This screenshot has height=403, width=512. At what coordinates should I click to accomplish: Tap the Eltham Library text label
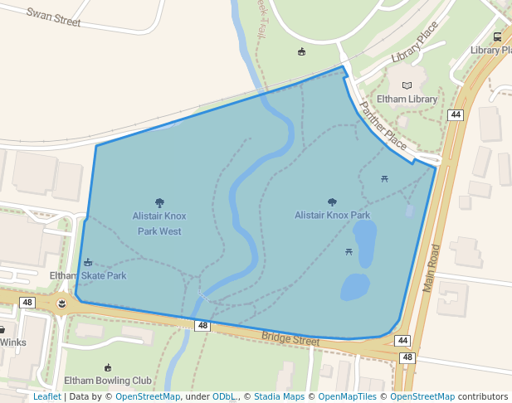click(x=407, y=100)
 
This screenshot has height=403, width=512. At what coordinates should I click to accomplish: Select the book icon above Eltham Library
click(x=407, y=85)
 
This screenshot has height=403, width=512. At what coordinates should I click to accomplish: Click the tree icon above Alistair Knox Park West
click(x=159, y=202)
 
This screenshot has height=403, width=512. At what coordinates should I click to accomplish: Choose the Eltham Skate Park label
click(x=88, y=275)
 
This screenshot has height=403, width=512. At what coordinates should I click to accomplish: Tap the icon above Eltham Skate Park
click(x=88, y=263)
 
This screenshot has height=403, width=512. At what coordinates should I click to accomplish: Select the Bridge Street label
click(x=290, y=339)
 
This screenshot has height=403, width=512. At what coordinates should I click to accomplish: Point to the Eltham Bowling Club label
click(x=108, y=381)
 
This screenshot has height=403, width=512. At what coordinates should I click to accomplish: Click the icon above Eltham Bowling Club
click(x=107, y=367)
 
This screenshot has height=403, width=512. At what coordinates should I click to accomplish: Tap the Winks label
click(x=13, y=342)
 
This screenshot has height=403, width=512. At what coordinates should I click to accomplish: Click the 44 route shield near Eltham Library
click(x=455, y=114)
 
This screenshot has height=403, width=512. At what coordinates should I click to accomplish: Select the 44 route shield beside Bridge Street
click(x=402, y=341)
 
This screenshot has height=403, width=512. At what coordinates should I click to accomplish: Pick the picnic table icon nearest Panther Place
click(x=385, y=178)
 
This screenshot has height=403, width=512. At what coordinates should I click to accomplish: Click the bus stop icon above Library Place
click(x=497, y=36)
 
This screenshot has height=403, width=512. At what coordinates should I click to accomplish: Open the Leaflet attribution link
click(x=46, y=397)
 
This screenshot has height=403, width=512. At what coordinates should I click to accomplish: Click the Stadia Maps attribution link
click(x=279, y=397)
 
